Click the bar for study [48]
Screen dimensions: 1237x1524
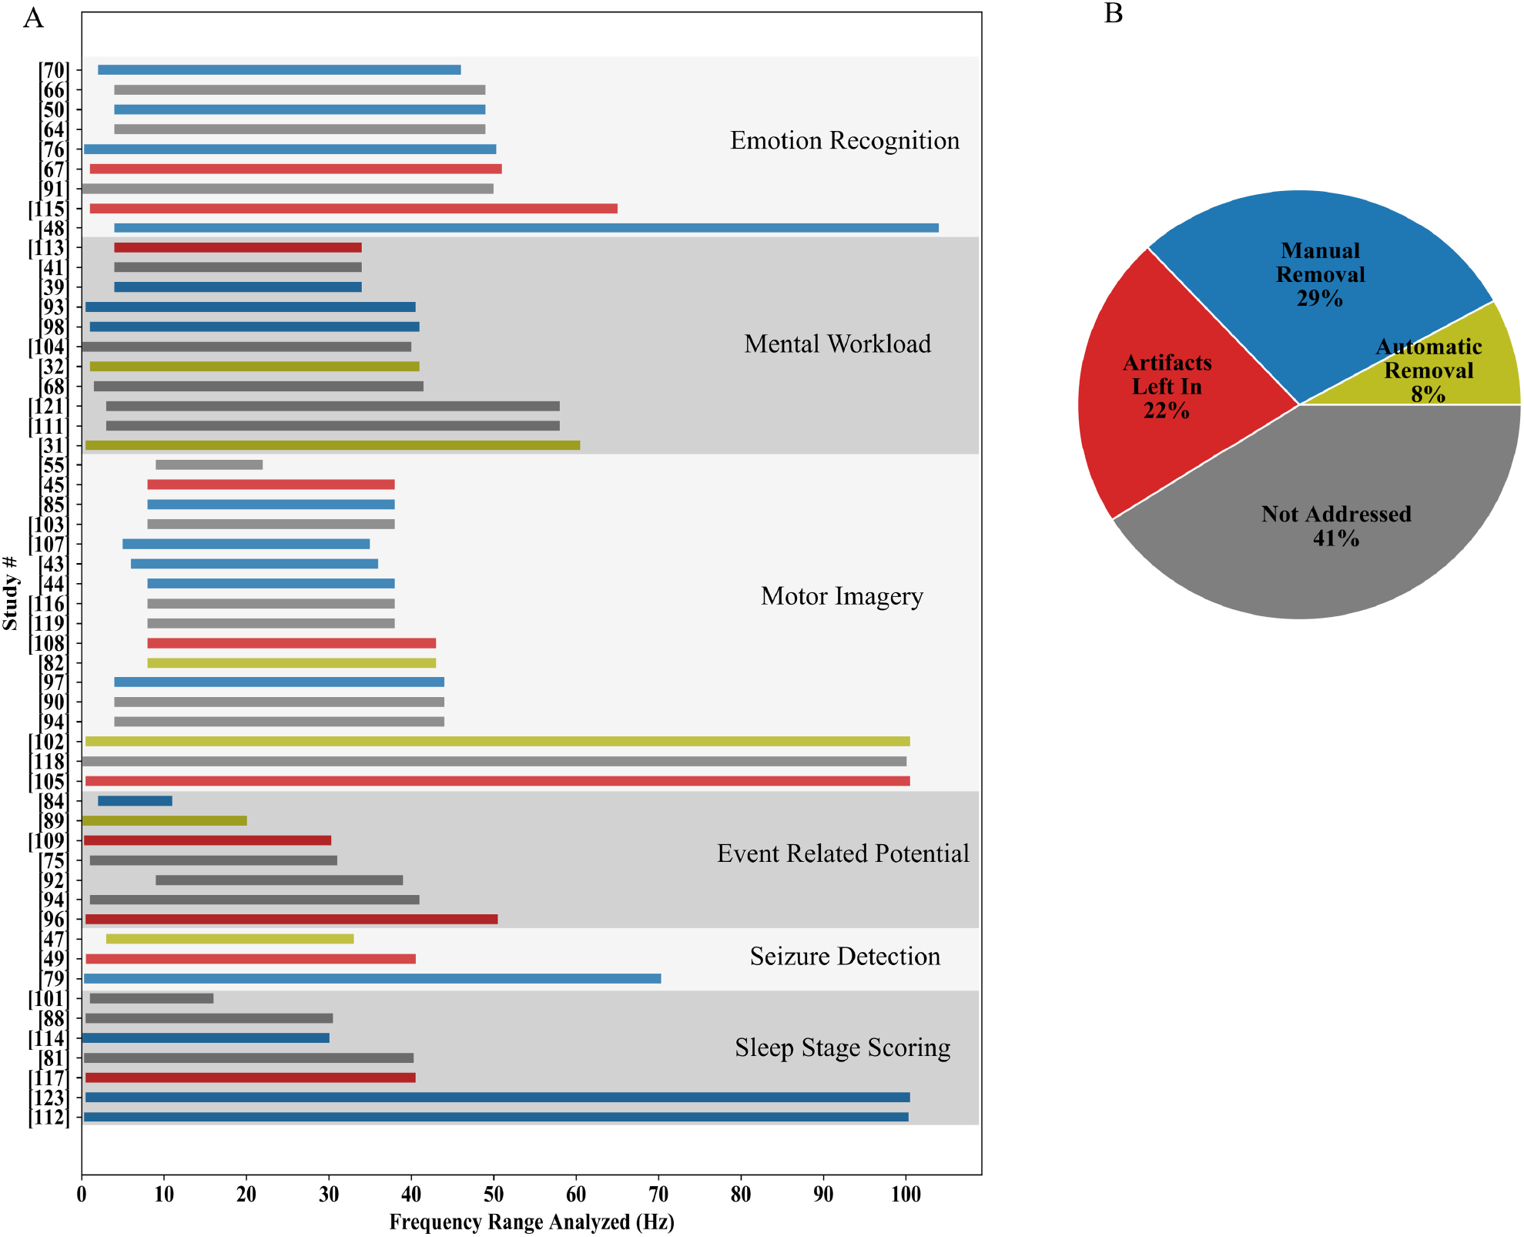pyautogui.click(x=526, y=228)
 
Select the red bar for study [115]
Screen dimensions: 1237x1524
pyautogui.click(x=353, y=209)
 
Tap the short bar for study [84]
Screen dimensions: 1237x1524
pyautogui.click(x=135, y=801)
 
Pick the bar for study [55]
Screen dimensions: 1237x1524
pyautogui.click(x=209, y=464)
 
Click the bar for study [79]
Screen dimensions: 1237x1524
pyautogui.click(x=372, y=979)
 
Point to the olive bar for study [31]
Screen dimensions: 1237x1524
pyautogui.click(x=333, y=445)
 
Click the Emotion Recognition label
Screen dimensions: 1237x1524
pyautogui.click(x=845, y=141)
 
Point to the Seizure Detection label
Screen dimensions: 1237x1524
pyautogui.click(x=845, y=957)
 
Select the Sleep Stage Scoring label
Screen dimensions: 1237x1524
pyautogui.click(x=842, y=1048)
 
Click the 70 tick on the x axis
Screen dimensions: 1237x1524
pyautogui.click(x=658, y=1195)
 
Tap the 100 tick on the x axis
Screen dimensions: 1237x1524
pyautogui.click(x=906, y=1195)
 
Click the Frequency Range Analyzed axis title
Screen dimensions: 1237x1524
pyautogui.click(x=531, y=1222)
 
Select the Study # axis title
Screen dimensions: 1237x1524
pyautogui.click(x=11, y=592)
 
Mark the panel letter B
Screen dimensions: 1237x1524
pyautogui.click(x=1113, y=14)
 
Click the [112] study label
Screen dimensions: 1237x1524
pyautogui.click(x=49, y=1118)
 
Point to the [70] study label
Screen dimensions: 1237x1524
pyautogui.click(x=54, y=71)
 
